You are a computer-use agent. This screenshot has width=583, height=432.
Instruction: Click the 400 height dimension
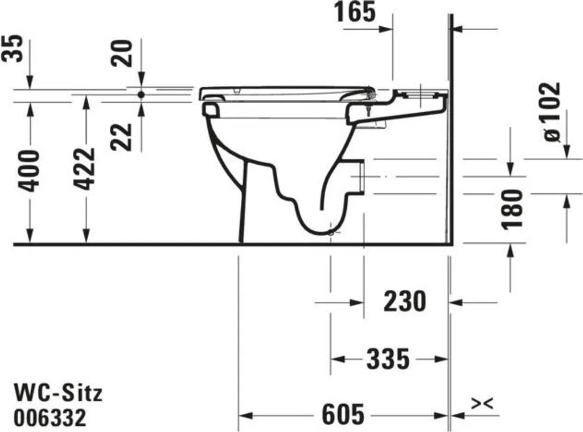click(x=29, y=171)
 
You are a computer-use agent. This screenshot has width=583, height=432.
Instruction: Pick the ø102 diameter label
click(x=551, y=112)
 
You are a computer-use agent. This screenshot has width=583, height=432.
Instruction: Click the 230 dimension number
click(x=404, y=301)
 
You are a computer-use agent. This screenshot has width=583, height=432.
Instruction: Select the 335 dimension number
click(x=388, y=359)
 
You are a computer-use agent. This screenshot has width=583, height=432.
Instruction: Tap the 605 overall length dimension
click(x=343, y=415)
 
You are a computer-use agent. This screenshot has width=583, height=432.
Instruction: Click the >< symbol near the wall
click(x=482, y=404)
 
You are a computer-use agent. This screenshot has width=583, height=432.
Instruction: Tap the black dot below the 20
click(x=141, y=94)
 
